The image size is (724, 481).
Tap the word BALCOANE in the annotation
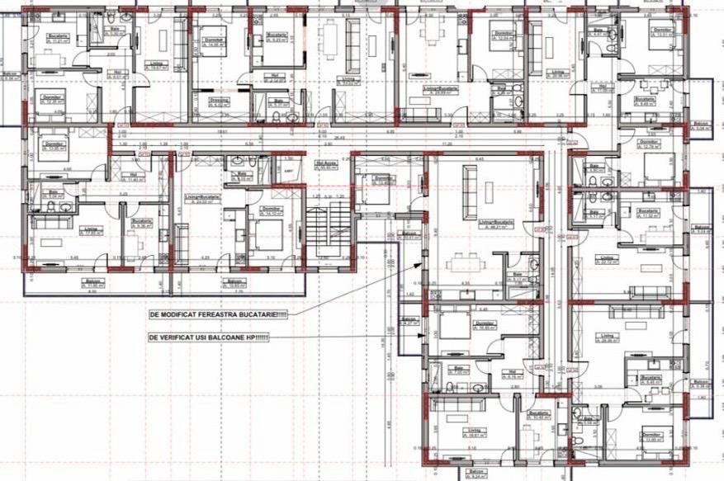(227, 337)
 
